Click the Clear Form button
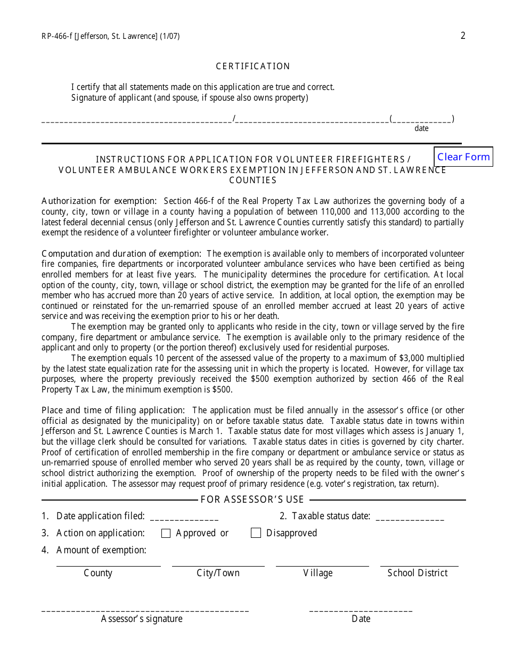tap(463, 157)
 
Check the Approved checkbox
tap(166, 533)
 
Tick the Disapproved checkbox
tap(256, 533)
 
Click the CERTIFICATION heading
tap(253, 66)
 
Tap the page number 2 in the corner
tap(463, 36)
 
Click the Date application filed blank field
tap(184, 516)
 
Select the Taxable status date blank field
tap(410, 516)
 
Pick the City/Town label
tap(218, 573)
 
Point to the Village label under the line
tap(318, 573)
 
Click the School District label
tap(418, 573)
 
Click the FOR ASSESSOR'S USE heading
tap(252, 500)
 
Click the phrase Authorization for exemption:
tap(99, 201)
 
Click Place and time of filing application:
tap(113, 410)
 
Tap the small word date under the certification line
tap(421, 128)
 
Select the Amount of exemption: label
tap(101, 550)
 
